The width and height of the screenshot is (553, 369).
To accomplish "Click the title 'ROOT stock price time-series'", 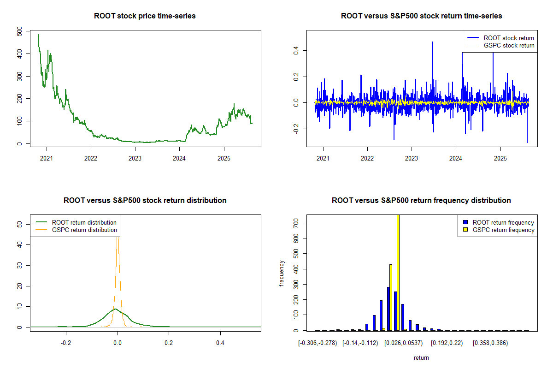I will (x=145, y=16).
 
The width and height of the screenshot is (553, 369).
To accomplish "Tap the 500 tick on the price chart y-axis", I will (x=19, y=31).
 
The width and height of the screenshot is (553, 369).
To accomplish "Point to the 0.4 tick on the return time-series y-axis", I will (x=295, y=50).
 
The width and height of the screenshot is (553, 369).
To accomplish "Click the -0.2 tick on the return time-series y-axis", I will (x=295, y=129).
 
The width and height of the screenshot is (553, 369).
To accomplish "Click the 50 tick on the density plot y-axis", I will (x=19, y=224).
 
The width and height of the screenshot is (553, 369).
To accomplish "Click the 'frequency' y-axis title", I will (x=282, y=274).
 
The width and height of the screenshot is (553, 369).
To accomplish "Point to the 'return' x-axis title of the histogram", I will (x=421, y=357).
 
